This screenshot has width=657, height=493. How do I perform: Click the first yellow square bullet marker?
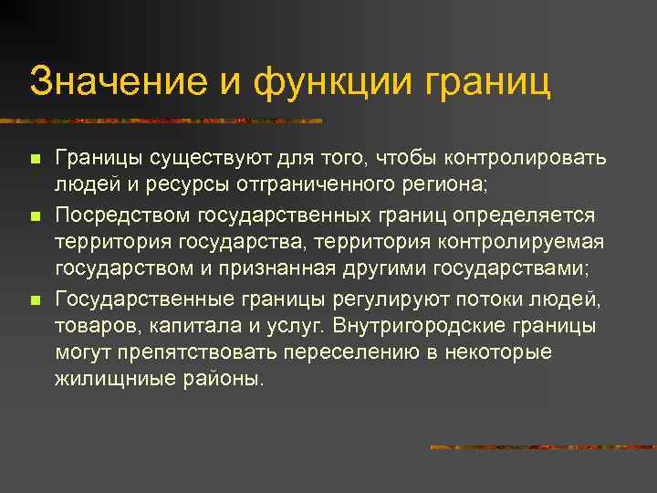tap(35, 160)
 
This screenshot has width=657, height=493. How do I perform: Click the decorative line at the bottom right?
tap(542, 447)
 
